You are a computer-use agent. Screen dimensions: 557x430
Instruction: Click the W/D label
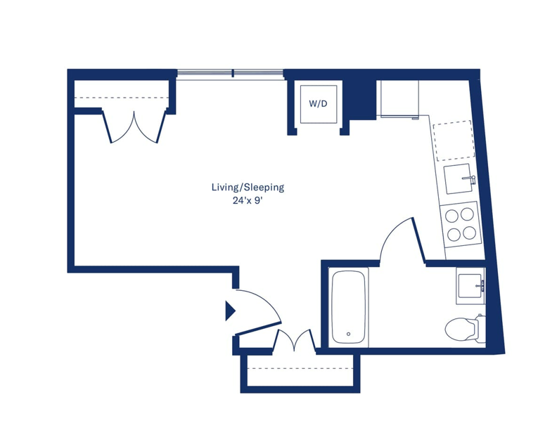318,103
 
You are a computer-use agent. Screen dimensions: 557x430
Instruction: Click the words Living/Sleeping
248,187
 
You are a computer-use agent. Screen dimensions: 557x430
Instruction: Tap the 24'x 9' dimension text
248,201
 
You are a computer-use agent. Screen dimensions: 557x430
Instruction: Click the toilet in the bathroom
463,328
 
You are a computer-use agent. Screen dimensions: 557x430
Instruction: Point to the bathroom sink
470,286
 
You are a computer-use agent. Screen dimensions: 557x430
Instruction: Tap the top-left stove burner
452,216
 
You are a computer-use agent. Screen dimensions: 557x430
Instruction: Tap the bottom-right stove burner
470,233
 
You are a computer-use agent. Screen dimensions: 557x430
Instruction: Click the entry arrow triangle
230,311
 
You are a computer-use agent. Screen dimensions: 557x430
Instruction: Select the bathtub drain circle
349,334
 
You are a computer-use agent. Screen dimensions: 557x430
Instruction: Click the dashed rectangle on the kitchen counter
454,141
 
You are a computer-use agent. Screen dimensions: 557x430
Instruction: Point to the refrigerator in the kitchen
399,98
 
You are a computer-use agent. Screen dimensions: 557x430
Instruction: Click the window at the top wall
230,74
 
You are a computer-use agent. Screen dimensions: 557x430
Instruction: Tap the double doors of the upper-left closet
134,127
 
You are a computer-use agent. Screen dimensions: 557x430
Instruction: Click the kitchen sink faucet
470,178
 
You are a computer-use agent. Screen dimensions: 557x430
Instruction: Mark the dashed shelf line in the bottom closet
300,369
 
